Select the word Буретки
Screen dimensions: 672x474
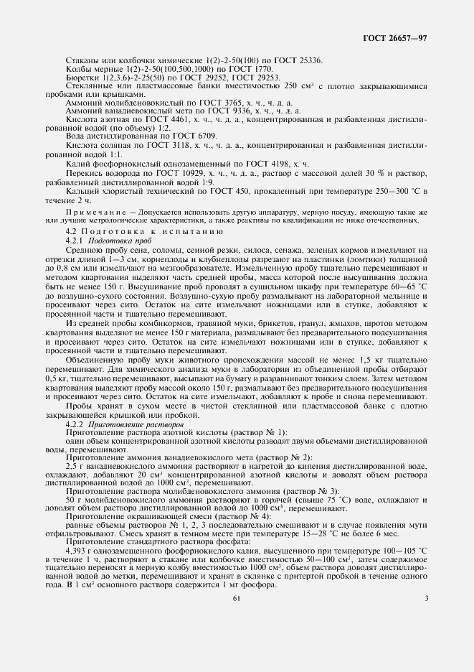pos(80,77)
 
